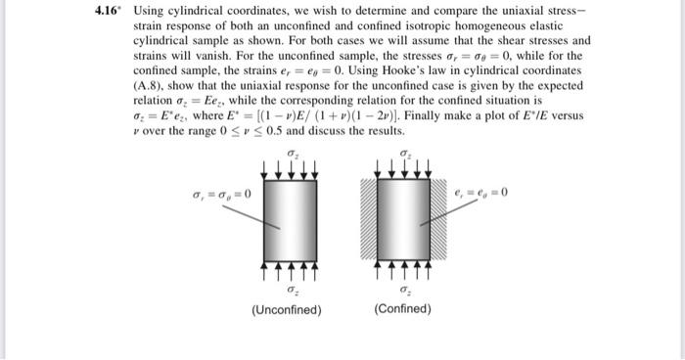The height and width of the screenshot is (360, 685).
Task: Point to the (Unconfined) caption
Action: pos(287,309)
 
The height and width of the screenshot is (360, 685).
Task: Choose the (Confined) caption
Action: pos(402,309)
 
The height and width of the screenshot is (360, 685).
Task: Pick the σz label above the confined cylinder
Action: pos(404,155)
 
